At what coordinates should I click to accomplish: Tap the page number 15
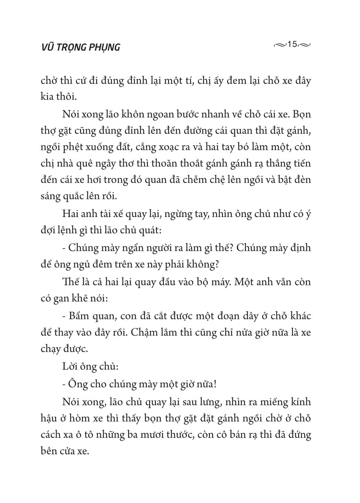(x=293, y=45)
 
